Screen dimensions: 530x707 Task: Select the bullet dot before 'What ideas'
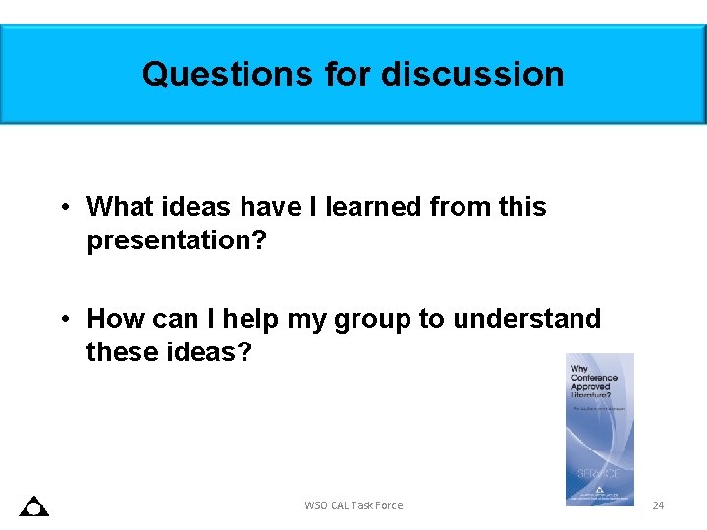point(62,207)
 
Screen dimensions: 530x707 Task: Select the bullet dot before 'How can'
point(62,319)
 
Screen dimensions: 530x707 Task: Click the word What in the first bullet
point(119,207)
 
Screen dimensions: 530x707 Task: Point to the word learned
point(376,207)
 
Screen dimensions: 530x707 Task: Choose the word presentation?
point(177,240)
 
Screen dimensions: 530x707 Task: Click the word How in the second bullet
point(114,319)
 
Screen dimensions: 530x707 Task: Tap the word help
point(250,319)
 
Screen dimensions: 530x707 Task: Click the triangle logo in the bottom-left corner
point(34,506)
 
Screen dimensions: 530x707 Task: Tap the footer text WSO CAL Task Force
point(353,505)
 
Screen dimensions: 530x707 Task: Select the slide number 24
point(658,505)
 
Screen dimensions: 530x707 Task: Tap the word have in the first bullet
point(271,207)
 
